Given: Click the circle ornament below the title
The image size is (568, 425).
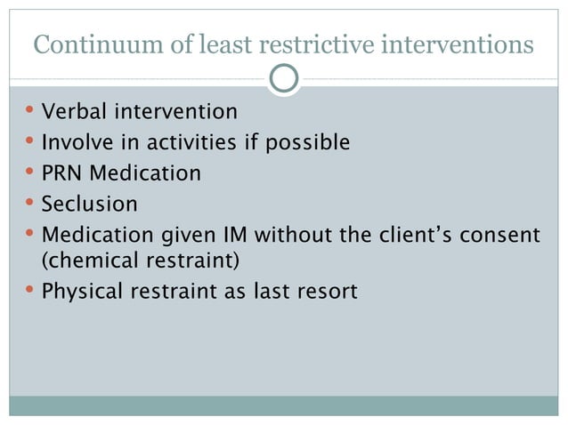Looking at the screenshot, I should [x=284, y=79].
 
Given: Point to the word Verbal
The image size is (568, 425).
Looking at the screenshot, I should [x=73, y=112].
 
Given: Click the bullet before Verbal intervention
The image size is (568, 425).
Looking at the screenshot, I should [x=30, y=111].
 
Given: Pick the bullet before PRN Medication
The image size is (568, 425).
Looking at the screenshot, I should [x=30, y=172].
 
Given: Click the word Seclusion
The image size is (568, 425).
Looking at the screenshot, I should [x=90, y=204].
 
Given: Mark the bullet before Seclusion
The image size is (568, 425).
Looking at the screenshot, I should [x=30, y=203].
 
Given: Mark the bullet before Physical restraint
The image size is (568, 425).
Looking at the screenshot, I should [x=30, y=289].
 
